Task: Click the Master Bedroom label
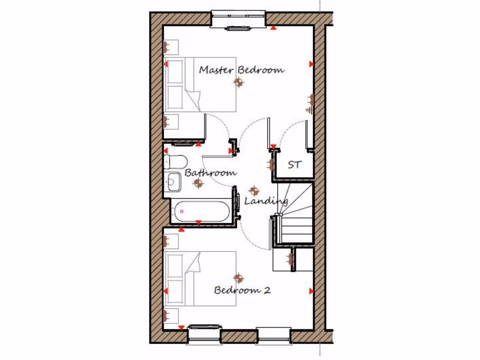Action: (241, 70)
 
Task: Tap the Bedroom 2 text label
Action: (242, 290)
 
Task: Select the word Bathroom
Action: (210, 172)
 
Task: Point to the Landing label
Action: (266, 201)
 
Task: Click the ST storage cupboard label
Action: (294, 165)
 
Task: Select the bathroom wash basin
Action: (172, 181)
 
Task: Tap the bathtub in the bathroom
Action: (201, 211)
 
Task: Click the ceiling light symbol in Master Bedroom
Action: (239, 83)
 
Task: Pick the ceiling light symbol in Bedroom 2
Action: (239, 278)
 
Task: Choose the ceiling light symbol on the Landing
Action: (254, 191)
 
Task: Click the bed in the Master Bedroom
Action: (200, 84)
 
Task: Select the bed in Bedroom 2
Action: (200, 278)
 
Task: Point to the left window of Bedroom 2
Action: (204, 335)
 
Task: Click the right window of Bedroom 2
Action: (274, 335)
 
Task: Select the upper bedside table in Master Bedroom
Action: (171, 47)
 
